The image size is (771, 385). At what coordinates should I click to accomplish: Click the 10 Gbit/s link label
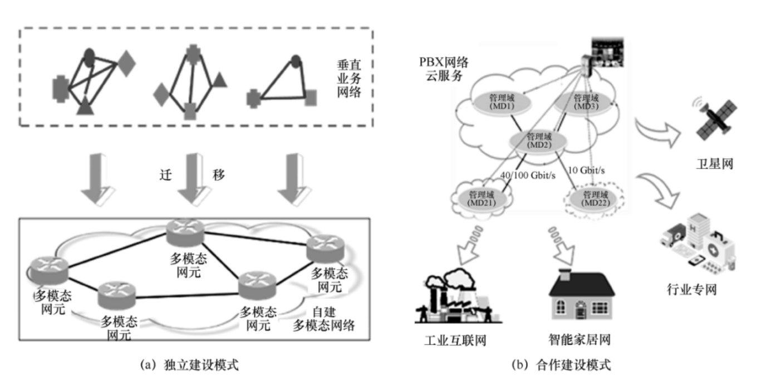(x=587, y=169)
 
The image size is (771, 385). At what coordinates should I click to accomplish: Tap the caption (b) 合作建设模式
(x=561, y=366)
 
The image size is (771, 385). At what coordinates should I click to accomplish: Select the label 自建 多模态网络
(x=323, y=319)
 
